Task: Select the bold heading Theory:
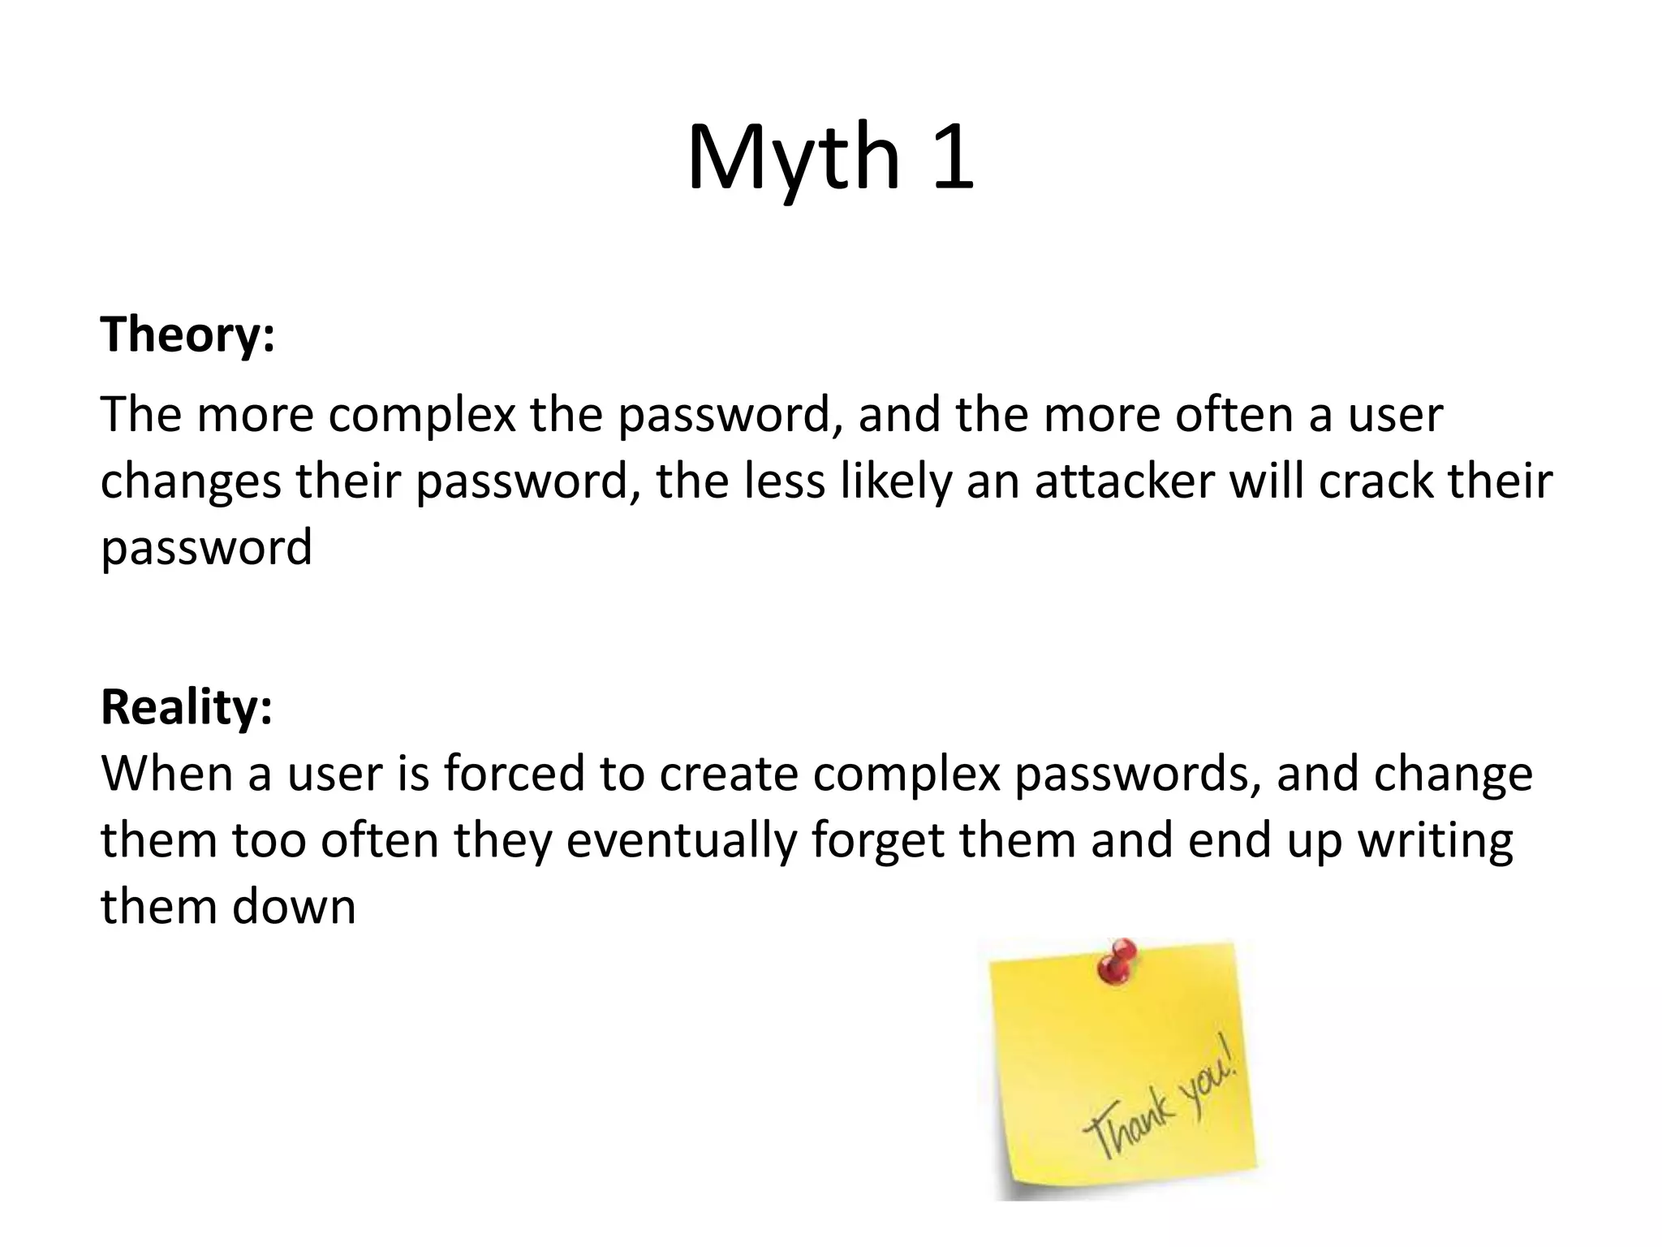(x=187, y=334)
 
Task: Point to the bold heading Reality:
(x=187, y=706)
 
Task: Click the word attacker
(x=1124, y=481)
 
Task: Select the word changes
(x=191, y=482)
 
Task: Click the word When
(x=166, y=773)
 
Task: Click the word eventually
(x=682, y=841)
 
